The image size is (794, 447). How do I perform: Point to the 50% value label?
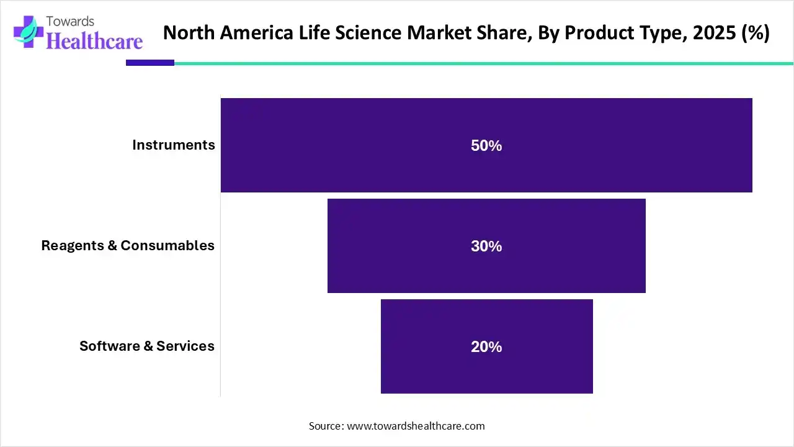click(x=486, y=146)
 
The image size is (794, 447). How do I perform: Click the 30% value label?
click(x=486, y=246)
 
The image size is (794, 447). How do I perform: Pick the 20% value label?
click(x=486, y=347)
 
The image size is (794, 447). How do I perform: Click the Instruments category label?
click(x=174, y=145)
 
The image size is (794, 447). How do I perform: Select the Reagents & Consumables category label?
click(x=128, y=245)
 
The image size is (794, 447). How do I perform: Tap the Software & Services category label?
click(x=147, y=346)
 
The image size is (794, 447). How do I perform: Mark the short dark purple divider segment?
click(x=150, y=63)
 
